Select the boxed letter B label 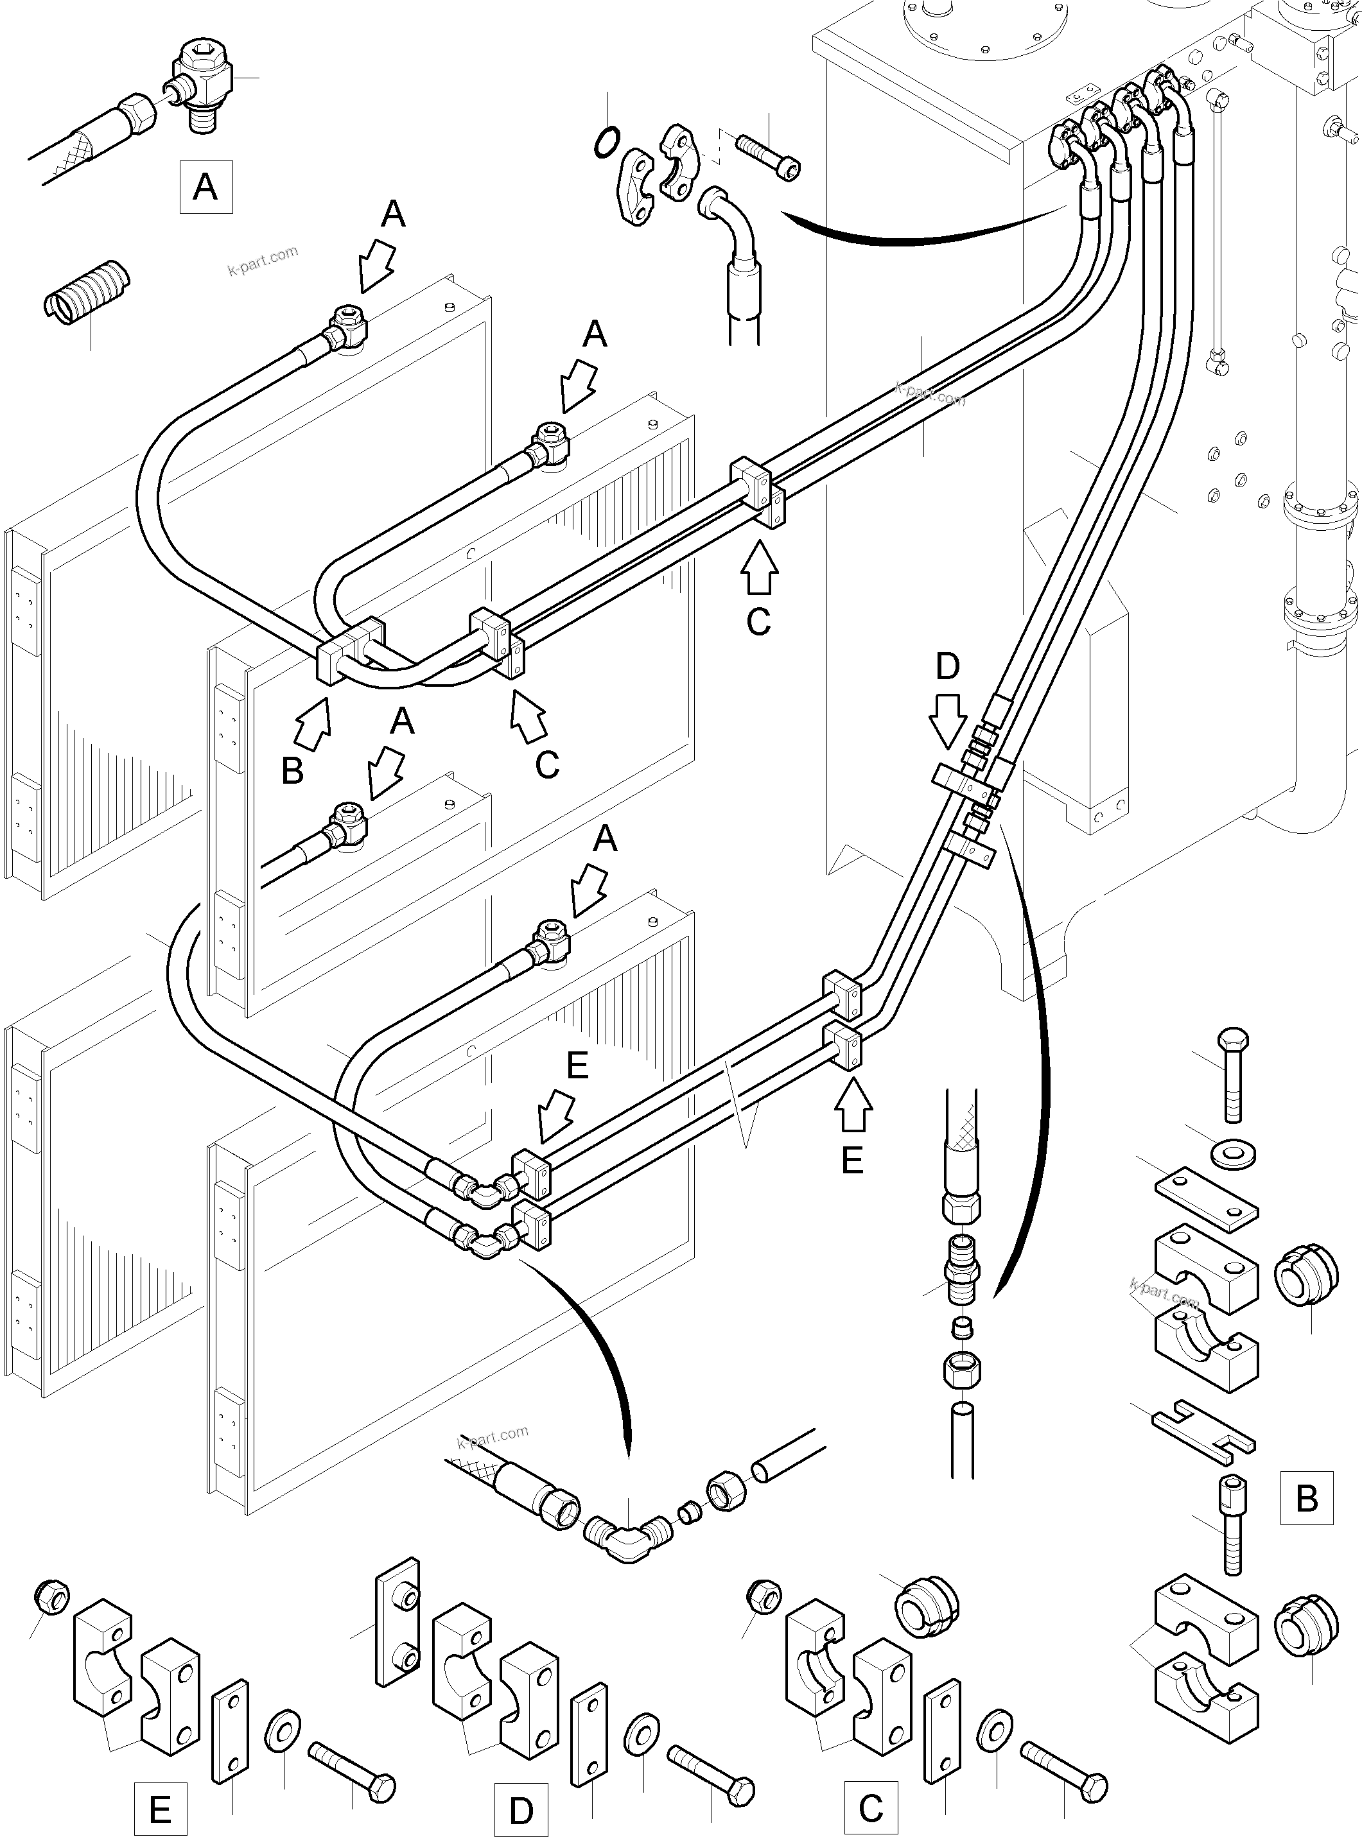click(1306, 1497)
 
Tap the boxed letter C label click(871, 1809)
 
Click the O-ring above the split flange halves click(607, 142)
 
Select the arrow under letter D click(947, 720)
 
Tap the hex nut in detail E click(52, 1598)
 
